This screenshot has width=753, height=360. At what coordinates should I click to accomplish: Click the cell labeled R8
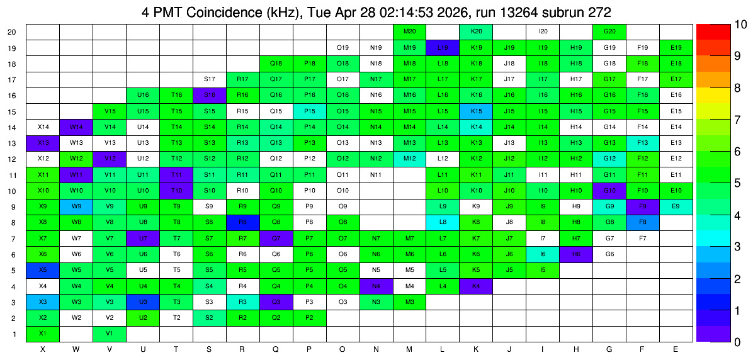pyautogui.click(x=243, y=223)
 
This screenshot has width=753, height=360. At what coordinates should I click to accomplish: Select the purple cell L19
pyautogui.click(x=443, y=48)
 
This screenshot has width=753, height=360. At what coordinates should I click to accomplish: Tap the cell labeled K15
pyautogui.click(x=477, y=111)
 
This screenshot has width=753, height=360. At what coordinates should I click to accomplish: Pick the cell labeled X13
pyautogui.click(x=43, y=143)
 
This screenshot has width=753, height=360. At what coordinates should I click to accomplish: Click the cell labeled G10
pyautogui.click(x=610, y=191)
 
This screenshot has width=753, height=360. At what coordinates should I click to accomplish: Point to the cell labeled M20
pyautogui.click(x=410, y=31)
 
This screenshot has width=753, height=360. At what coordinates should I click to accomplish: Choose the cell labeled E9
pyautogui.click(x=677, y=207)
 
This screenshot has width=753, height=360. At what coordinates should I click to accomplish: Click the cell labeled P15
pyautogui.click(x=310, y=111)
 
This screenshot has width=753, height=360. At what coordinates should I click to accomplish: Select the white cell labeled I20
pyautogui.click(x=543, y=31)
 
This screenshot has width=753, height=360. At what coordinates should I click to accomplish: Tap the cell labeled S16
pyautogui.click(x=210, y=96)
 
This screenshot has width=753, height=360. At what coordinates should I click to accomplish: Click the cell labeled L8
pyautogui.click(x=443, y=223)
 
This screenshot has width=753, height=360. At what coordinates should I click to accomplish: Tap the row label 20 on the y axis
pyautogui.click(x=13, y=32)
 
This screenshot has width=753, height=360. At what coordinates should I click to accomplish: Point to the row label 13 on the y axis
pyautogui.click(x=13, y=143)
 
